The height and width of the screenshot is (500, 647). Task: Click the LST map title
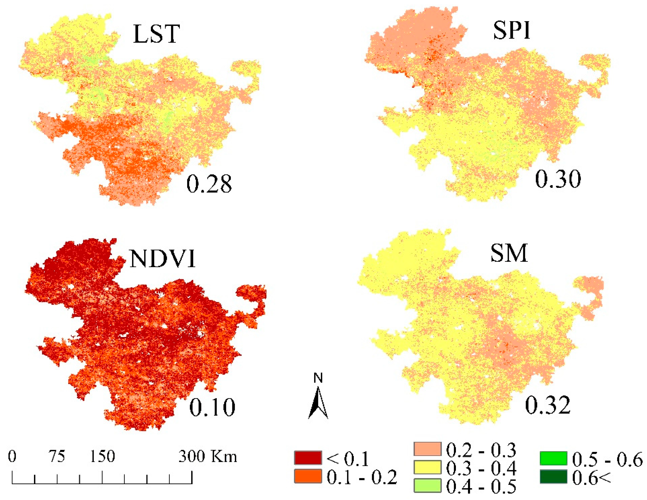coord(156,34)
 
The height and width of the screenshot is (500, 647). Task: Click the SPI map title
coord(511,31)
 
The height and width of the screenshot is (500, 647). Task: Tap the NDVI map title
coord(163,259)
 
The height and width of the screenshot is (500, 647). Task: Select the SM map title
coord(509,253)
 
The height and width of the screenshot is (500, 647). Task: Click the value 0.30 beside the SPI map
coord(558,179)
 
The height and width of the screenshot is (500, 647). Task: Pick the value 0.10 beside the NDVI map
coord(212,408)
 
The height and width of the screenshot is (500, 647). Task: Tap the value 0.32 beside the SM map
coord(547,405)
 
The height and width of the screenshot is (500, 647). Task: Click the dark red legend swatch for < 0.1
coord(308,458)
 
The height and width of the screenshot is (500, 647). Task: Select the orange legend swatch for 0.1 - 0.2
coord(308,476)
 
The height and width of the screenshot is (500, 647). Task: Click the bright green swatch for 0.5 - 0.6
coord(553,458)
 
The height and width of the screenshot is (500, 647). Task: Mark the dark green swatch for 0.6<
coord(553,476)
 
